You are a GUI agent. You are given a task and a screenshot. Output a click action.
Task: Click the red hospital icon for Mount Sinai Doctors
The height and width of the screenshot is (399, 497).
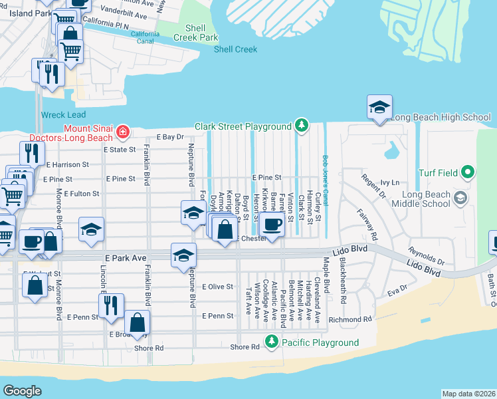click(x=122, y=132)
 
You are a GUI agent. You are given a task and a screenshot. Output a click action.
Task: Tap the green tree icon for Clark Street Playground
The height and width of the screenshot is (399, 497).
click(x=302, y=126)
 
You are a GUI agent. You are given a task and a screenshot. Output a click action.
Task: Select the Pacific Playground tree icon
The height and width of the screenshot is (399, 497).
click(x=271, y=342)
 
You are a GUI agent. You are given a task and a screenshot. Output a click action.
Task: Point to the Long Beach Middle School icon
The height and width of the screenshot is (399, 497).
click(x=459, y=198)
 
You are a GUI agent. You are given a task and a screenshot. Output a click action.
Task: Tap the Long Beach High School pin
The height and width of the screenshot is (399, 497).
click(x=379, y=108)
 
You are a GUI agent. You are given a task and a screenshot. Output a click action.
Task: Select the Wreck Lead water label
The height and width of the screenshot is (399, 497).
click(x=63, y=114)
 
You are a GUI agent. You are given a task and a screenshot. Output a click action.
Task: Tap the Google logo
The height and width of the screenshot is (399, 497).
click(x=22, y=391)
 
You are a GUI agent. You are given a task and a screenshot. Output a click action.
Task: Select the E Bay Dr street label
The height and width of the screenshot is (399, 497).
click(x=169, y=137)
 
